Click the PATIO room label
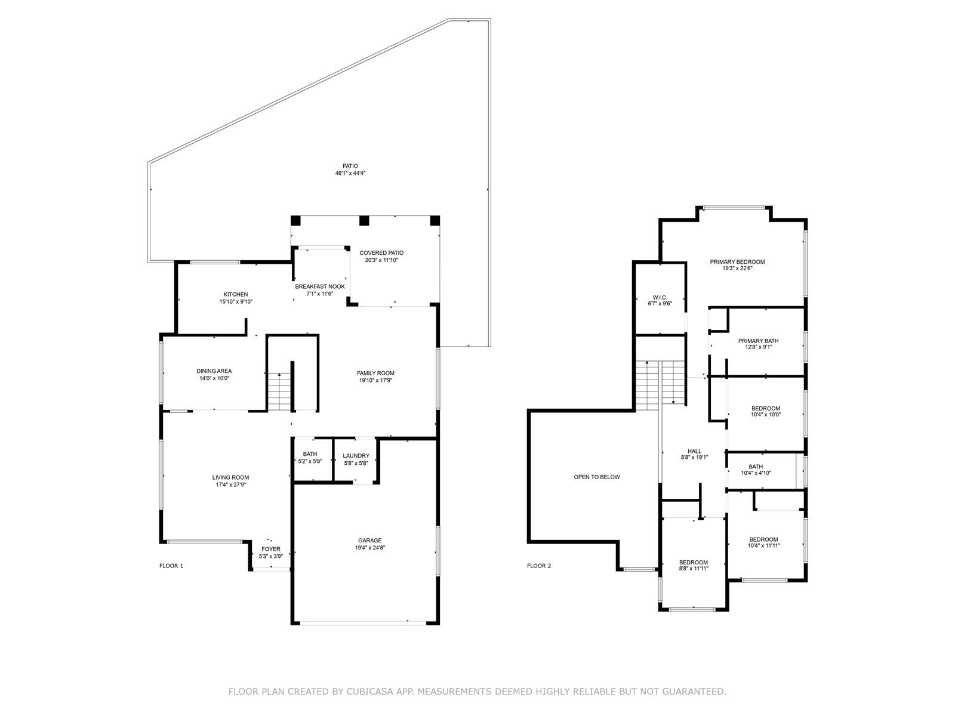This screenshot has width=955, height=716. (350, 166)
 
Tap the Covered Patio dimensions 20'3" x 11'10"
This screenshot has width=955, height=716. (381, 260)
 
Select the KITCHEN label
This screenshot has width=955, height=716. (236, 294)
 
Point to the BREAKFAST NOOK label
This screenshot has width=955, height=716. (320, 286)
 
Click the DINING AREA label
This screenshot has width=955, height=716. (214, 371)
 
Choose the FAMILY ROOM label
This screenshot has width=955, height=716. (375, 373)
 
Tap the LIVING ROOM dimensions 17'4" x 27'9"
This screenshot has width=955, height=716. (230, 484)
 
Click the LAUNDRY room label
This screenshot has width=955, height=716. (356, 456)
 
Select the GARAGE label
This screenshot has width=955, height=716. (370, 541)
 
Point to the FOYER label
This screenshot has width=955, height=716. (270, 549)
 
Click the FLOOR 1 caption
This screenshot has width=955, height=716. (171, 566)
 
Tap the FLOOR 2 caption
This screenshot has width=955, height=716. (539, 566)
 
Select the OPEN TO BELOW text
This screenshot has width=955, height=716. (596, 477)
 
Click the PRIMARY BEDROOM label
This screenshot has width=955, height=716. (737, 262)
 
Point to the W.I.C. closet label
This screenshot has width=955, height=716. (660, 297)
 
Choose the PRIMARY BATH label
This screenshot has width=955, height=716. (759, 341)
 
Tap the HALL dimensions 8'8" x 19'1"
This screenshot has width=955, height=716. (694, 457)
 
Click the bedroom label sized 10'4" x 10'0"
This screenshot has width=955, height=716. (766, 408)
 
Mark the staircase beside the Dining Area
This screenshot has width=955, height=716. (279, 391)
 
